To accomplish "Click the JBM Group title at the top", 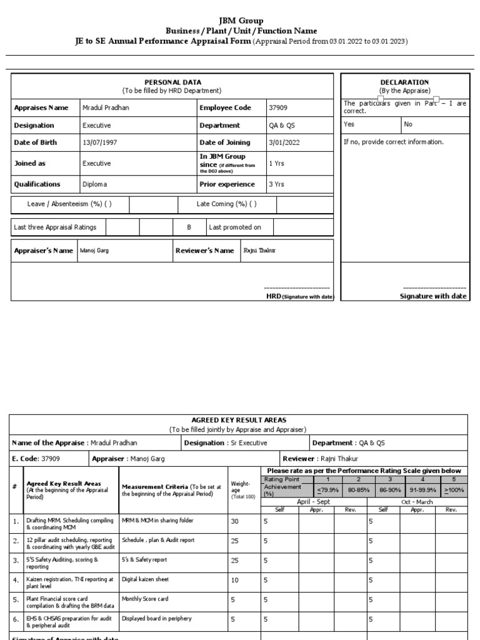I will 241,21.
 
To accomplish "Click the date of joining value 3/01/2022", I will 284,142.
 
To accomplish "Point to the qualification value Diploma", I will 95,184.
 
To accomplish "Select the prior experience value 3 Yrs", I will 276,184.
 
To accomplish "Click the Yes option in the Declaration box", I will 349,124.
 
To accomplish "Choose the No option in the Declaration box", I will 408,124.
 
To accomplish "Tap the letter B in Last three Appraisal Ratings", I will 189,227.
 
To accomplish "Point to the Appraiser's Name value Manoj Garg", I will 94,251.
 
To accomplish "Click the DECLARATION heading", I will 404,82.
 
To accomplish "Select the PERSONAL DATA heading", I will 171,82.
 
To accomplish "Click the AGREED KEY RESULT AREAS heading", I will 237,421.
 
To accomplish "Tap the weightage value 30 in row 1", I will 235,521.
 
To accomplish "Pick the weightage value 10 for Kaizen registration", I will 235,581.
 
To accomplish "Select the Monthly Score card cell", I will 144,599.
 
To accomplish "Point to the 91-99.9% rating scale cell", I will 422,491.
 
